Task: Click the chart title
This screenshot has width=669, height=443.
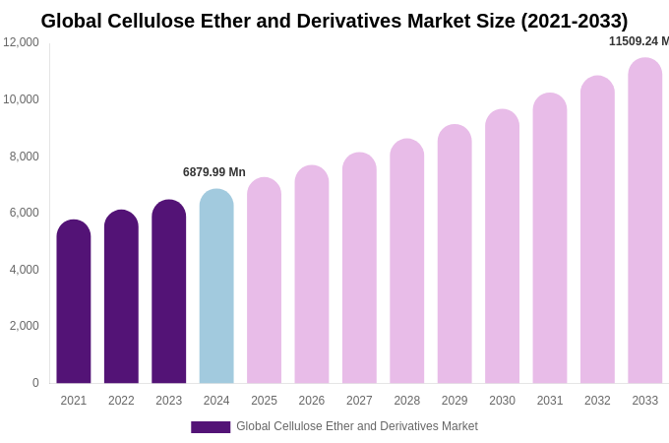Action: pyautogui.click(x=334, y=21)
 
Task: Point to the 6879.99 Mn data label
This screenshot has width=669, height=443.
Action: pyautogui.click(x=214, y=172)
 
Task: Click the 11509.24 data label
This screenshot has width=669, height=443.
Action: pyautogui.click(x=639, y=41)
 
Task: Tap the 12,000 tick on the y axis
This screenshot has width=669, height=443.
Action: pyautogui.click(x=21, y=42)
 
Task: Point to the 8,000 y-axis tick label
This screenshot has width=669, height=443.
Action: pyautogui.click(x=24, y=157)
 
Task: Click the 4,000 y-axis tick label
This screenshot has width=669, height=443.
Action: pyautogui.click(x=24, y=270)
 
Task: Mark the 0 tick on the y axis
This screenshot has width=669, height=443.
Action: pyautogui.click(x=35, y=383)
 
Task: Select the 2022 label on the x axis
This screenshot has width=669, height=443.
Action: pyautogui.click(x=121, y=401)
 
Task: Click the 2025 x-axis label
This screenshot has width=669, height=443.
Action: pyautogui.click(x=264, y=401)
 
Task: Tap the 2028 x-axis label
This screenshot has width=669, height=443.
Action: pyautogui.click(x=407, y=401)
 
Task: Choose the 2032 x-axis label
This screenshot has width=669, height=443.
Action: pyautogui.click(x=597, y=401)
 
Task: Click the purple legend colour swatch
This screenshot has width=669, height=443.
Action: pyautogui.click(x=211, y=427)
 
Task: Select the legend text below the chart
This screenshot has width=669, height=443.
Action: pyautogui.click(x=357, y=426)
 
